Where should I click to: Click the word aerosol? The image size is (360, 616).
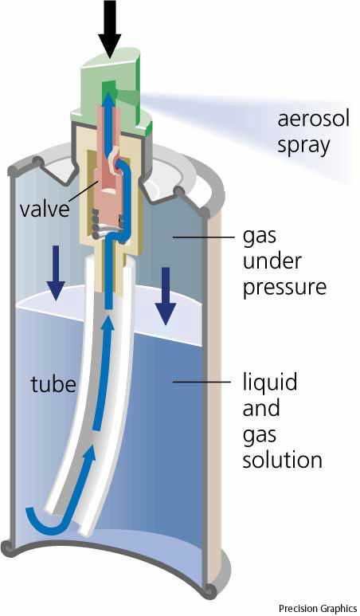tap(313, 119)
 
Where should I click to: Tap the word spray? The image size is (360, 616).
tap(303, 146)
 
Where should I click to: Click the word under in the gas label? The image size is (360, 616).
tap(272, 261)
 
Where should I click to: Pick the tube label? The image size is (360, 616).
tap(53, 383)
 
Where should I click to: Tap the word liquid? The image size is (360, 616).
tap(269, 383)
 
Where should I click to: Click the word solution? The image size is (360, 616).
tap(282, 459)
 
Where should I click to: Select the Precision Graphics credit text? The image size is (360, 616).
tap(317, 609)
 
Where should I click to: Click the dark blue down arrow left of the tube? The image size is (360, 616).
tap(56, 273)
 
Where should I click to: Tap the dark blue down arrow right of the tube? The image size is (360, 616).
tap(166, 296)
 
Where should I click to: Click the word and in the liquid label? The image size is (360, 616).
tap(261, 408)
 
